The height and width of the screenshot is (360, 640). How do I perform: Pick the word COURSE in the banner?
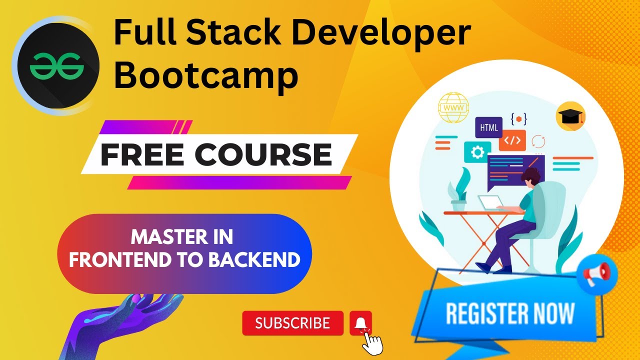tap(263, 154)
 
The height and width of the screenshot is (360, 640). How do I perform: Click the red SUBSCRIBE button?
tap(292, 323)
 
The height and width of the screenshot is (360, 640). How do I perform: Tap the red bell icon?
tap(360, 322)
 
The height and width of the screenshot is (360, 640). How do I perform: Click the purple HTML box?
tap(488, 127)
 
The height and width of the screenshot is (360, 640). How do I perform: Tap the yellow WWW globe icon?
tap(453, 107)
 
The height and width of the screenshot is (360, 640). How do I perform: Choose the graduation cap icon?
tap(570, 117)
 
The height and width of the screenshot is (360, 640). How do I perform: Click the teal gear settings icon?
tap(477, 152)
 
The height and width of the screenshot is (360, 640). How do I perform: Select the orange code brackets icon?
tap(512, 140)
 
